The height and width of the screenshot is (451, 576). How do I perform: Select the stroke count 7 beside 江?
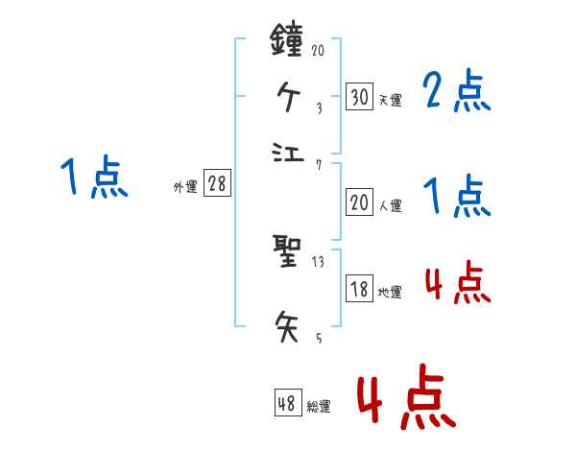[x=318, y=165]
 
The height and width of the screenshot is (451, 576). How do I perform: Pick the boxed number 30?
[x=359, y=96]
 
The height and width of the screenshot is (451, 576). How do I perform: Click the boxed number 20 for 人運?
[x=359, y=202]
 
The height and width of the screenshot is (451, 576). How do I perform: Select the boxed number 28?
[x=217, y=184]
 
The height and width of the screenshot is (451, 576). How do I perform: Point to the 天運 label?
[x=390, y=99]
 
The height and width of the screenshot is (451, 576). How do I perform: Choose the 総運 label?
[x=319, y=407]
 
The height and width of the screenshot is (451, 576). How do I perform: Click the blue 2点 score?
[x=457, y=93]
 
